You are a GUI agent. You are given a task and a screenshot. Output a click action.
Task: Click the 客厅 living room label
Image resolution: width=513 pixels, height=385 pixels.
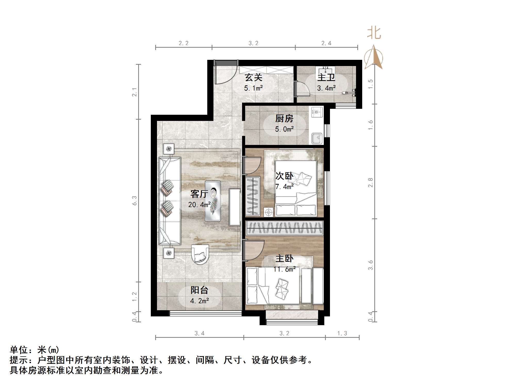point(199,194)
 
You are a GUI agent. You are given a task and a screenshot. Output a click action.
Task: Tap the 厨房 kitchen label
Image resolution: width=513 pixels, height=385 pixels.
point(284,119)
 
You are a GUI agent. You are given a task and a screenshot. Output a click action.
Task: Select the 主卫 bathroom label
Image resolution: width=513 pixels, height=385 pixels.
point(326,77)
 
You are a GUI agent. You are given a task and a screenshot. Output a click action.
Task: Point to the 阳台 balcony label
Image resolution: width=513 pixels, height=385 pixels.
point(199,290)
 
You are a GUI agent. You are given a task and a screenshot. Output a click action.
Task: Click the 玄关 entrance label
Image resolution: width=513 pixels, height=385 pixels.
point(253,77)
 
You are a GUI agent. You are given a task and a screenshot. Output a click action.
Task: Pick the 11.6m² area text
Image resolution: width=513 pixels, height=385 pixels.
point(284,269)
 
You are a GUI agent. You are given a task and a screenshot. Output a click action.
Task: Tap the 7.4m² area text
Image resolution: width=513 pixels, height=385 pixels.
point(284,186)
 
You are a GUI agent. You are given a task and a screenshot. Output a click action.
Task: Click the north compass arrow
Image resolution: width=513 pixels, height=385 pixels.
point(374,57)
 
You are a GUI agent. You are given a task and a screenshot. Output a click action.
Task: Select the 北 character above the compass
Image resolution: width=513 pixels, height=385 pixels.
point(374,34)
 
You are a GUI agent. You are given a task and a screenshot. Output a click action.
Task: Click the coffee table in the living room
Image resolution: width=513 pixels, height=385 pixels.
point(213,201)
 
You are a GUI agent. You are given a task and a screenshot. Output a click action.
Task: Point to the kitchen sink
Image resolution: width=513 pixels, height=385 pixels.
point(317,138)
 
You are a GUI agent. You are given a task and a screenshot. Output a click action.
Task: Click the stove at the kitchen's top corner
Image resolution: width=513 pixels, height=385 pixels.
point(317,112)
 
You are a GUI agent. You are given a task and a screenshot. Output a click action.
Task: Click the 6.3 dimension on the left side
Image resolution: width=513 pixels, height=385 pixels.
point(134,201)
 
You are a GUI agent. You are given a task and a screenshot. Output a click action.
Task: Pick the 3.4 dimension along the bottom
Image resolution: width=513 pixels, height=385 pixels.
point(199,333)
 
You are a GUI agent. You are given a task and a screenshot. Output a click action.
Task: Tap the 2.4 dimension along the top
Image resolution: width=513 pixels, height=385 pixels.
point(326,43)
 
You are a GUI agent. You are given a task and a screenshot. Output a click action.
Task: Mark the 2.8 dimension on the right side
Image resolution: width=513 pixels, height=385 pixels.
point(370,183)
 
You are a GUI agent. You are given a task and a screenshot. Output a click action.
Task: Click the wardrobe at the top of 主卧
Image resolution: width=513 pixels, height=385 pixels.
point(284,228)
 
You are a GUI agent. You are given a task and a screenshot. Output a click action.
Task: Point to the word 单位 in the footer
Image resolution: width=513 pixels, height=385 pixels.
point(19,350)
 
